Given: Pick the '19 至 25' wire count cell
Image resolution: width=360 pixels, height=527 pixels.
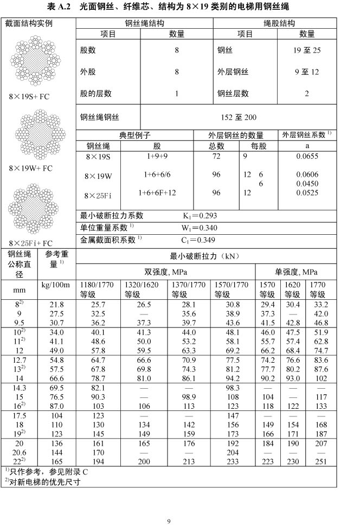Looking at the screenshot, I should [306, 50].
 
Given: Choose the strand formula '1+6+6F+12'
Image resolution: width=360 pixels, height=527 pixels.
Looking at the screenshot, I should [157, 192].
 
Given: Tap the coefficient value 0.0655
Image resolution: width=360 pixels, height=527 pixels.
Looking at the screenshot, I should [307, 156].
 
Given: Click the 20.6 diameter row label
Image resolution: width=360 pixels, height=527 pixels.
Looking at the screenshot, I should [20, 452].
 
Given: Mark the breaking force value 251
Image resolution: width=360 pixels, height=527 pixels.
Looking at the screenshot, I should [320, 461].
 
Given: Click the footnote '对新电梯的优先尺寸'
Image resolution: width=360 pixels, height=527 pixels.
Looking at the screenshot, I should [45, 481].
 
